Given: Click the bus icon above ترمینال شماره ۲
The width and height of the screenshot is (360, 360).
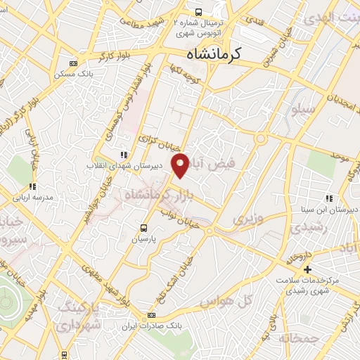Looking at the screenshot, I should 199,12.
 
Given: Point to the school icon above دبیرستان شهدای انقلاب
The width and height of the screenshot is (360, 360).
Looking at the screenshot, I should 124,155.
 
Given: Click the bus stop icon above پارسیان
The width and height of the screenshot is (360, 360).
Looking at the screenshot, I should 144,227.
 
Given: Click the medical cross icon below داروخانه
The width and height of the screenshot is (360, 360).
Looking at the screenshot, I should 307,270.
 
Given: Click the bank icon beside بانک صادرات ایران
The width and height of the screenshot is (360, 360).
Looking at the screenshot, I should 151,316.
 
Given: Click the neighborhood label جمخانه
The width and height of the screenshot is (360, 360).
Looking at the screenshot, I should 300,338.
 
